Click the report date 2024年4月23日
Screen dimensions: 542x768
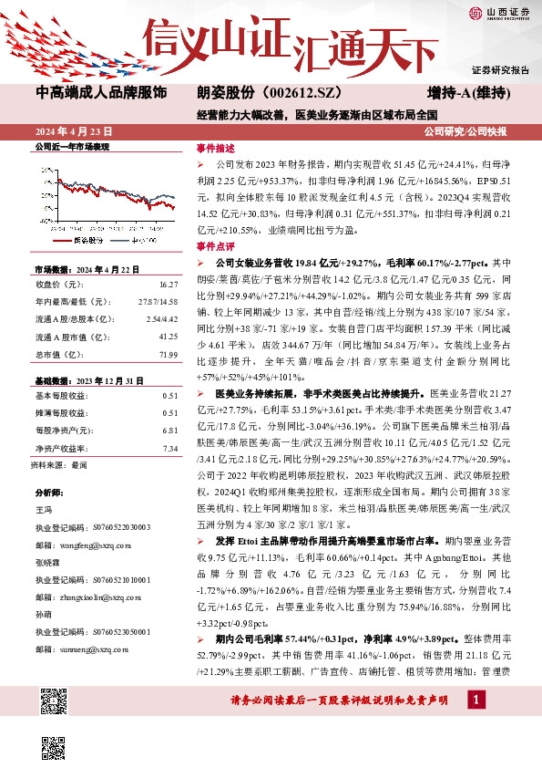[72, 130]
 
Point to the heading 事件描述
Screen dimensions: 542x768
[216, 148]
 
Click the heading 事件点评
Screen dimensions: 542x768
[216, 246]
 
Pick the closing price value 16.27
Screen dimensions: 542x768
[168, 285]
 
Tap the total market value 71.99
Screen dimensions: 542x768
[167, 353]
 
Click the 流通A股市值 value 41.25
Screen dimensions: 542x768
[168, 336]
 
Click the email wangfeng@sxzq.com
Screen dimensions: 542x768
[89, 543]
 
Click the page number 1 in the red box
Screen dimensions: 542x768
[475, 699]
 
